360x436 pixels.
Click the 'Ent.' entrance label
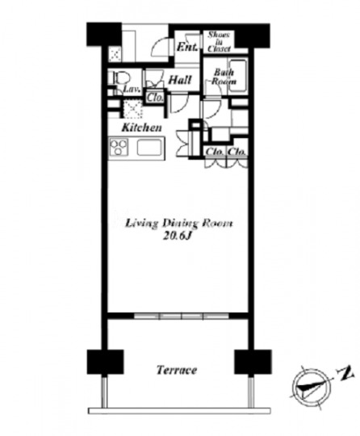point(187,47)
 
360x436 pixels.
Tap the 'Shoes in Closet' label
point(219,42)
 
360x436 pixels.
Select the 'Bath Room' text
point(224,77)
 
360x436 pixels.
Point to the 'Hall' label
point(180,80)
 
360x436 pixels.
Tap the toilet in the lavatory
point(121,78)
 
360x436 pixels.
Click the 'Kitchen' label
point(141,128)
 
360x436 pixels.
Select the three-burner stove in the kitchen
point(119,147)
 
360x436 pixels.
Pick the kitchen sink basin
point(149,147)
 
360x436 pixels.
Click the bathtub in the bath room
point(237,76)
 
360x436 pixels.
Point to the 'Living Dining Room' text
point(179,224)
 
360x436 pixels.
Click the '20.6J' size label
point(178,236)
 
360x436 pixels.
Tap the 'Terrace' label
point(177,370)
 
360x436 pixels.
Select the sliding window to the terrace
point(182,317)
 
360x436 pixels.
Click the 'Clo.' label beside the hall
point(154,98)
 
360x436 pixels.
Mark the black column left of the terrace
point(106,362)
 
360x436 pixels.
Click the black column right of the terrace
point(253,362)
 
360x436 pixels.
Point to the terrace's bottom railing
point(179,411)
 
